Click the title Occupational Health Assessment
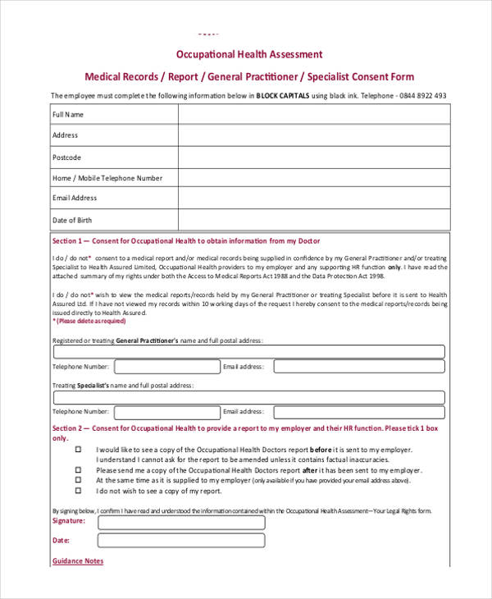[250, 54]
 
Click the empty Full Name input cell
[313, 116]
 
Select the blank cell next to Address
[313, 135]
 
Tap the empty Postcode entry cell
[313, 157]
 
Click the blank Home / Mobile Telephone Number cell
[313, 178]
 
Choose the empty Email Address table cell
[313, 199]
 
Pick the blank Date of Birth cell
[313, 220]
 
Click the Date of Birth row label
[72, 220]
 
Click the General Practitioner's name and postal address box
[248, 352]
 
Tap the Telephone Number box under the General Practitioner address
[166, 367]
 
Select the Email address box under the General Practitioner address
[355, 367]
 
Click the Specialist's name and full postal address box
[248, 397]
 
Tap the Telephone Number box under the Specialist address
[166, 412]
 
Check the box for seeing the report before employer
[79, 450]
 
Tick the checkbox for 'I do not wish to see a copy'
[79, 491]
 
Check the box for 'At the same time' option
[79, 481]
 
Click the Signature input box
[181, 522]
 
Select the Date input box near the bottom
[181, 541]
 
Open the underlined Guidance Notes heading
[78, 561]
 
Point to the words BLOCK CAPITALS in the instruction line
[283, 95]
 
